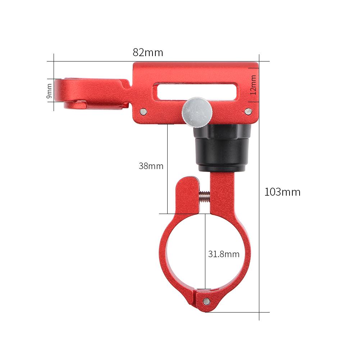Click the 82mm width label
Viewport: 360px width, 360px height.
[x=148, y=53]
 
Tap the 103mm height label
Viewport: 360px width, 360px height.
[x=282, y=192]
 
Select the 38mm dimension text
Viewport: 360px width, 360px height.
[x=151, y=166]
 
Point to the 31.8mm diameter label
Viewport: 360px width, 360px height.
[x=224, y=254]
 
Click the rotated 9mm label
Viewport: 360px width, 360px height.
[x=50, y=90]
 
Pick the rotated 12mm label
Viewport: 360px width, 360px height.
[x=254, y=85]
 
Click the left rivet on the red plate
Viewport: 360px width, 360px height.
[x=143, y=111]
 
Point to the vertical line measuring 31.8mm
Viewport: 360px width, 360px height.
[x=205, y=252]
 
